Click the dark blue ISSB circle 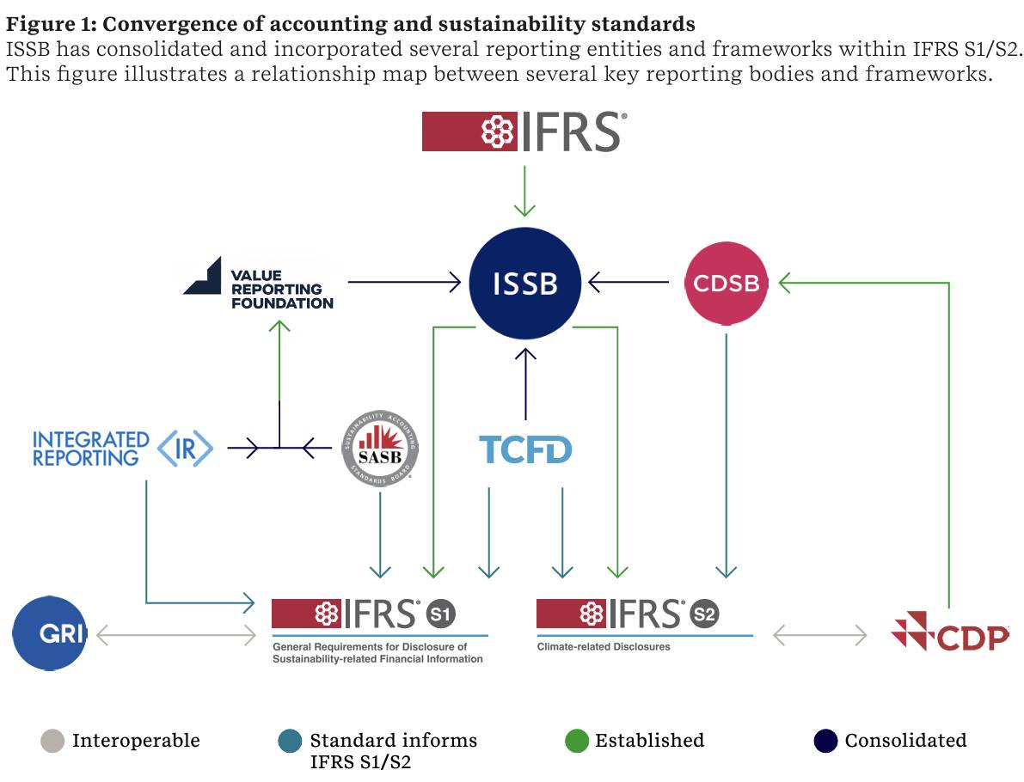click(x=525, y=284)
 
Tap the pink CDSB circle click(x=727, y=284)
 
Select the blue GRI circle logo click(x=50, y=633)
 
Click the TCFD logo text click(x=525, y=449)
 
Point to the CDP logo click(x=950, y=632)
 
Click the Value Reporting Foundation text click(x=282, y=290)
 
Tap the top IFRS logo click(x=524, y=131)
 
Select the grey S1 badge click(x=441, y=614)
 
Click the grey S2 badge click(x=705, y=614)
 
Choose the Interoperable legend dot click(x=52, y=741)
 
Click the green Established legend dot click(x=577, y=741)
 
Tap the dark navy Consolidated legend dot click(x=826, y=741)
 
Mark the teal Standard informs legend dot click(x=290, y=741)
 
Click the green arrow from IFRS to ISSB click(x=524, y=191)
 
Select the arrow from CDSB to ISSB click(x=629, y=282)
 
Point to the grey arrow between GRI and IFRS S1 click(x=176, y=634)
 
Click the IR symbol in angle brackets click(x=186, y=449)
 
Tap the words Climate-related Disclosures click(x=604, y=647)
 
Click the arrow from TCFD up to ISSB click(x=525, y=384)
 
